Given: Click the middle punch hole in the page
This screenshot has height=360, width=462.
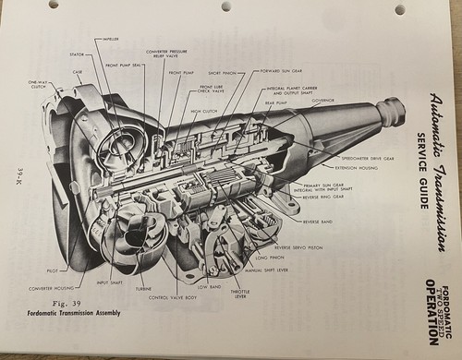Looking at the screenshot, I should tap(225, 7).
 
